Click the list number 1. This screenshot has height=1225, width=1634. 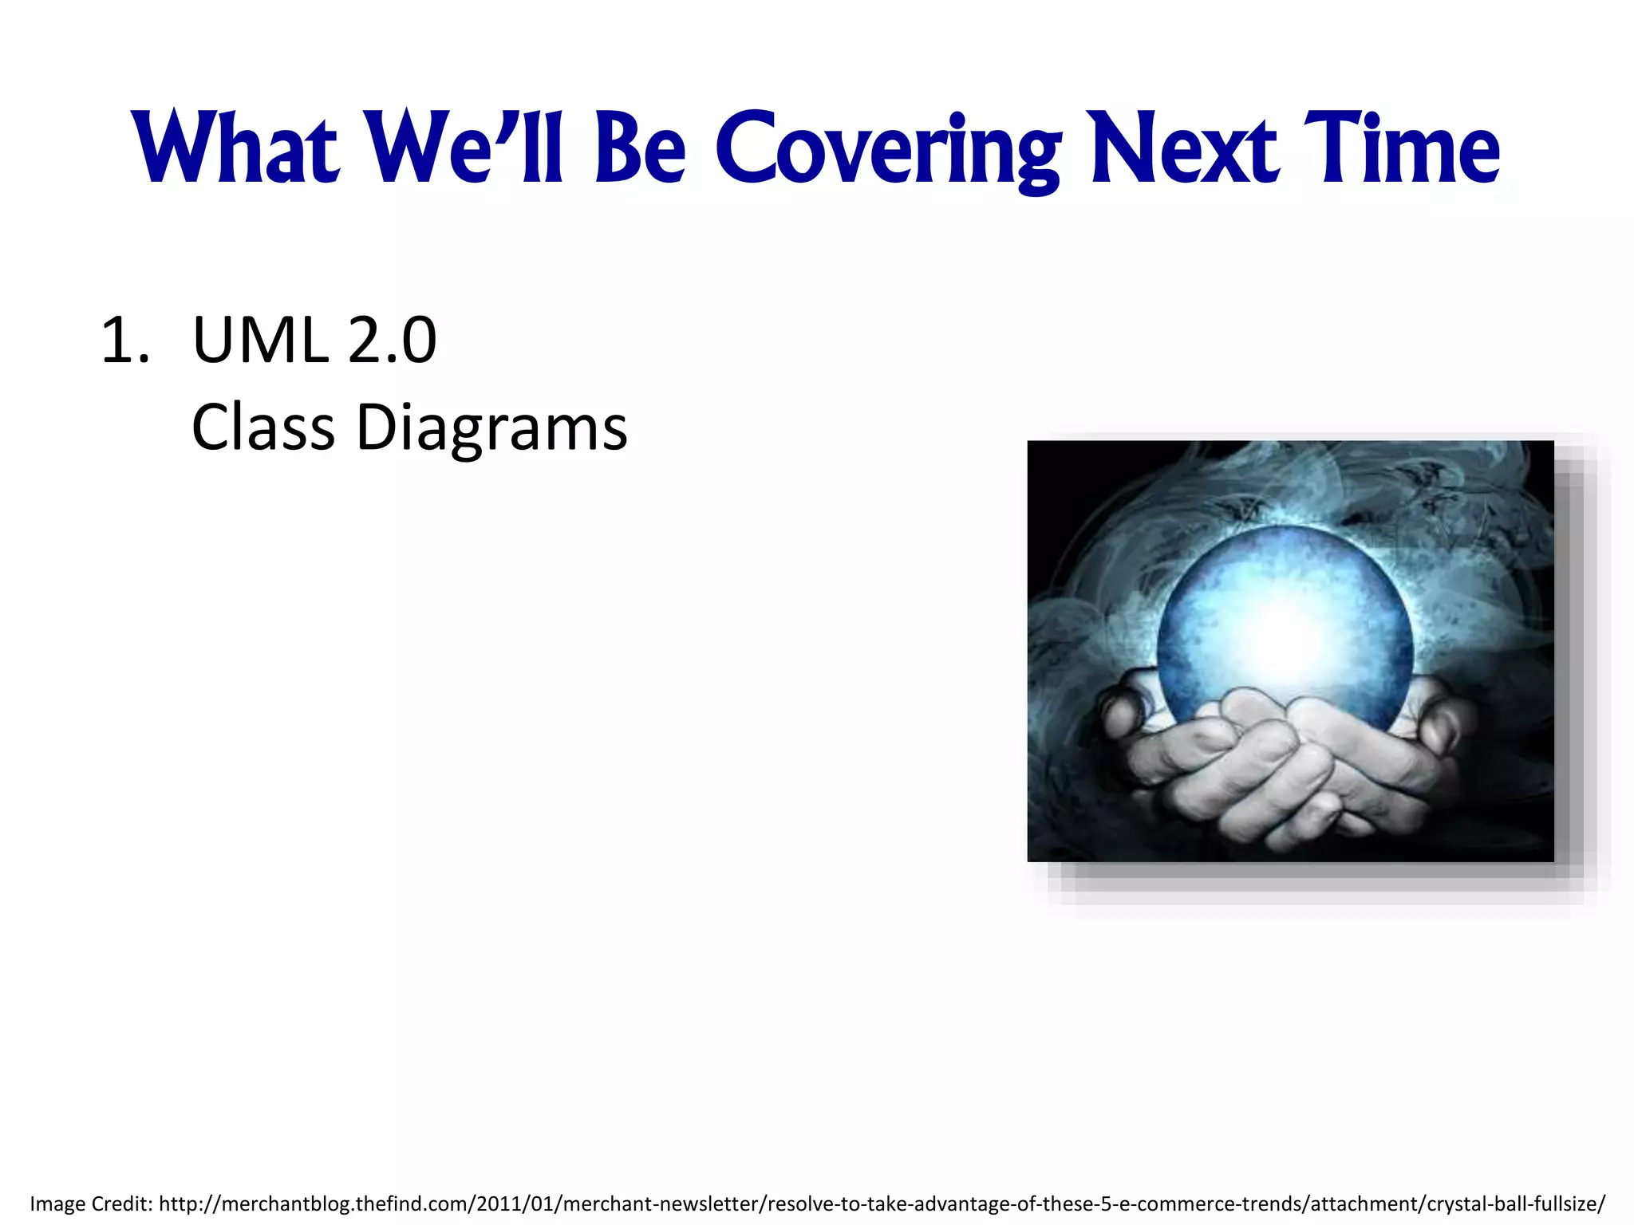click(124, 341)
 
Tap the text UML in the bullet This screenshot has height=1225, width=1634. click(260, 341)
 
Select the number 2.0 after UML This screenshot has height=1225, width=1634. click(392, 341)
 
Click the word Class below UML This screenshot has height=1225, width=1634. click(262, 427)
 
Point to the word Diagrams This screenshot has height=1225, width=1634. click(491, 427)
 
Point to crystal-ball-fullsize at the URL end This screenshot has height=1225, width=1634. click(1515, 1203)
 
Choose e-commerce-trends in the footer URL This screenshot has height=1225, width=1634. click(1209, 1203)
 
